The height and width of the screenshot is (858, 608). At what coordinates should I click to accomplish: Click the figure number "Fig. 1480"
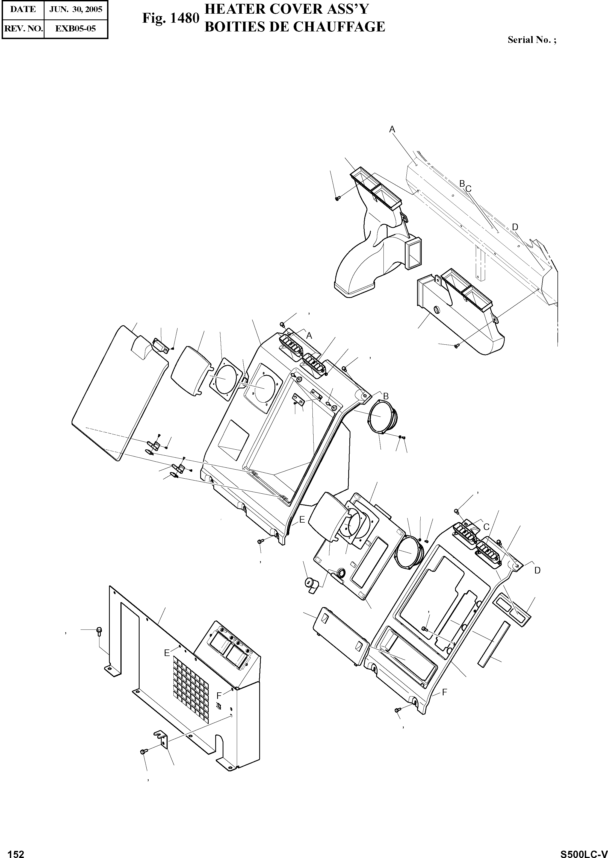[170, 18]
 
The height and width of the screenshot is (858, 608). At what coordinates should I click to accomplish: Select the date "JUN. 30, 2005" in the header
[76, 9]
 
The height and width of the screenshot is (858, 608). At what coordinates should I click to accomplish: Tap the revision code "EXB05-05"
[76, 28]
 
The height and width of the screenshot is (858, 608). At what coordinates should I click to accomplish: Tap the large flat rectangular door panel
[119, 393]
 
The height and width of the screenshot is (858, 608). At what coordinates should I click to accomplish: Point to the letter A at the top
[392, 130]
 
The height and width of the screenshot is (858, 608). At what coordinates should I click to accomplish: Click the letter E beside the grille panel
[167, 653]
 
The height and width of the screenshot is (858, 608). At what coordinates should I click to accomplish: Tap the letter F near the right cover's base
[444, 692]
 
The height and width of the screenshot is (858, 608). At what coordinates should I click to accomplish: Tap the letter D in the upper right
[515, 227]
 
